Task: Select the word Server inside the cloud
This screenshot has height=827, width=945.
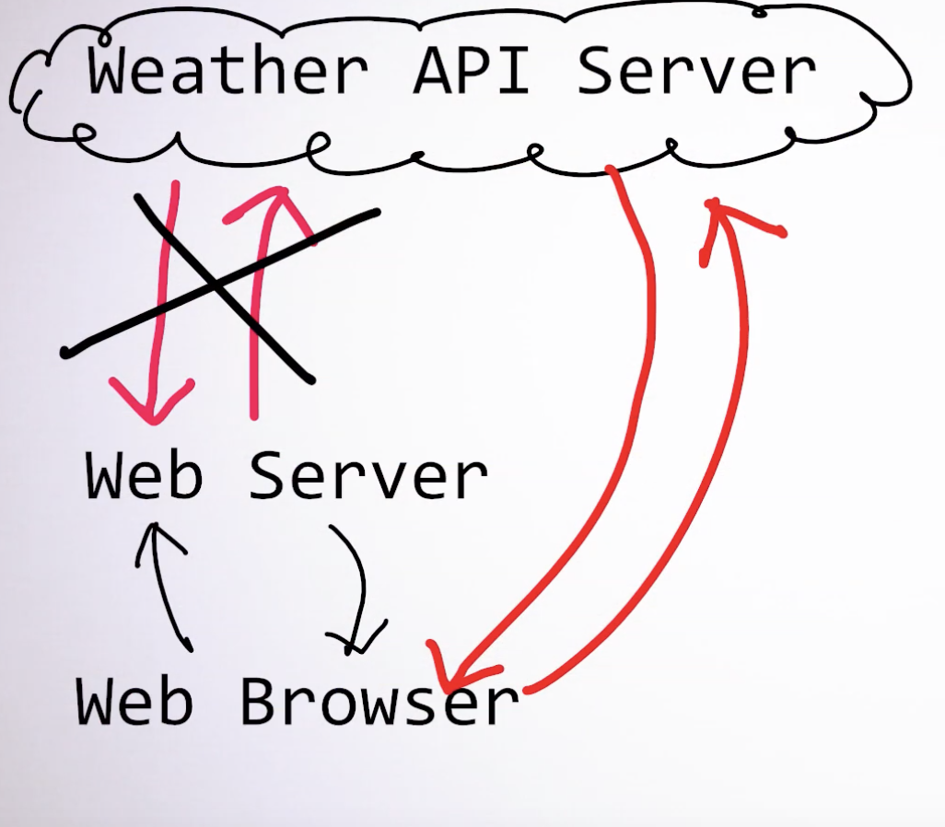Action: click(696, 71)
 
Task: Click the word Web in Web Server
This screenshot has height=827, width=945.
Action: click(144, 475)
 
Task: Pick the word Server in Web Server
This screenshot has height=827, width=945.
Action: click(368, 477)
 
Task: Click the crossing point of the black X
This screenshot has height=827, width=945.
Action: click(217, 285)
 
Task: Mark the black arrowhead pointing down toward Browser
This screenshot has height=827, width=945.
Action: click(355, 640)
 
